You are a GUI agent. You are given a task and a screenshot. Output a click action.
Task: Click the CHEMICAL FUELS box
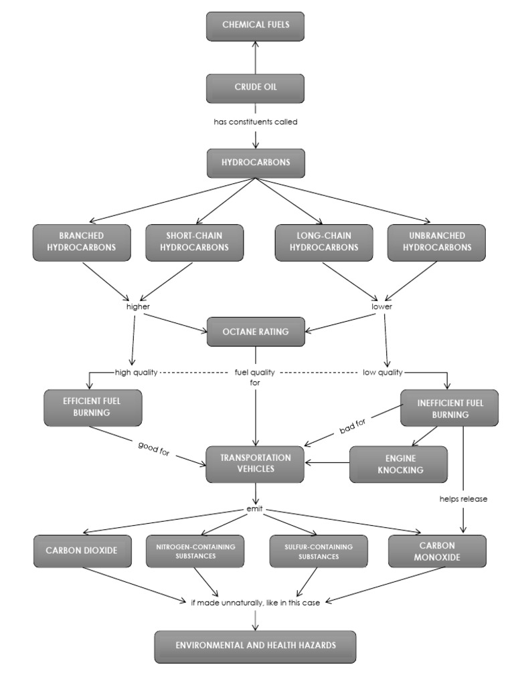pos(255,26)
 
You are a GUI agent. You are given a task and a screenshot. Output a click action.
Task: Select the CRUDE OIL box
pos(255,88)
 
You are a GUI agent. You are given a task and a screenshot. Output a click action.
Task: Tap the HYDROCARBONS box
pos(255,163)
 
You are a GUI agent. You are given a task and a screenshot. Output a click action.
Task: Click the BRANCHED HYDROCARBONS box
pos(82,241)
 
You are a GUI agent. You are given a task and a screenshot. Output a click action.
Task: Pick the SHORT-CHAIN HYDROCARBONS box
pos(195,241)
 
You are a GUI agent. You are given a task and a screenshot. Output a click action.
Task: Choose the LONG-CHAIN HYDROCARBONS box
pos(324,241)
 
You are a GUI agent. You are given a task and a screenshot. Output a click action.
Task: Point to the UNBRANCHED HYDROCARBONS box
pos(436,241)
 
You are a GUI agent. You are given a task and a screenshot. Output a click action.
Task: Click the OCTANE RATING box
pos(255,332)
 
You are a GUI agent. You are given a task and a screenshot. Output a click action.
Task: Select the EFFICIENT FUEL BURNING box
pos(92,407)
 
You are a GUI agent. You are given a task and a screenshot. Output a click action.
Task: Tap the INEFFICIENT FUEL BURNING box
pos(449,407)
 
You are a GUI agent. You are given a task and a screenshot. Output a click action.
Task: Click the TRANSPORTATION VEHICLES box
pos(255,464)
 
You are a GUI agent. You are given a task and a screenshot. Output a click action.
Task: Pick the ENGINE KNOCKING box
pos(398,464)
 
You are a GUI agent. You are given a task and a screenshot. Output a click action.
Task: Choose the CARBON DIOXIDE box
pos(82,551)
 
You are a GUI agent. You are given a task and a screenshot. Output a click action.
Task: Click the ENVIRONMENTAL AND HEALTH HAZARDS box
pos(255,646)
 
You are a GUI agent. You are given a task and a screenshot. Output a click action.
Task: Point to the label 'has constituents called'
pos(255,122)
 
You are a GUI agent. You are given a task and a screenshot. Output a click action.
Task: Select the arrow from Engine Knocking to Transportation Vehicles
pos(328,462)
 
